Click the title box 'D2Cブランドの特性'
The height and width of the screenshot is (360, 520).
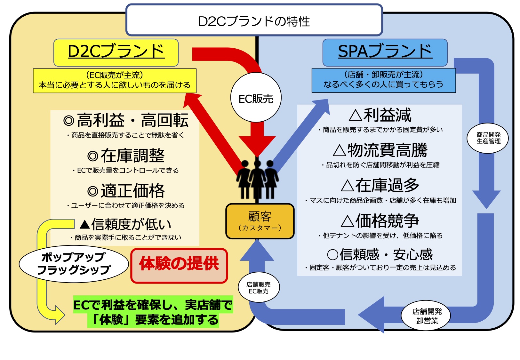(254, 20)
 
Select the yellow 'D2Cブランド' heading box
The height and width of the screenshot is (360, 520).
(116, 52)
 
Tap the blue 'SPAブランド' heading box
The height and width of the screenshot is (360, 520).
(385, 52)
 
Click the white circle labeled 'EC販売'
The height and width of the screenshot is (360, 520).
(256, 98)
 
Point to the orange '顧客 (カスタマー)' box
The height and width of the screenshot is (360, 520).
(260, 221)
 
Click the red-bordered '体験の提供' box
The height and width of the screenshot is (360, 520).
(179, 266)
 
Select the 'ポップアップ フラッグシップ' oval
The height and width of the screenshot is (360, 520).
(74, 264)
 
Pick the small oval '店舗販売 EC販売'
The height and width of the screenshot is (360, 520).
(259, 287)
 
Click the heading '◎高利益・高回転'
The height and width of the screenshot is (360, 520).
(125, 120)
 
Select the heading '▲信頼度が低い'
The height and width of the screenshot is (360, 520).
(125, 224)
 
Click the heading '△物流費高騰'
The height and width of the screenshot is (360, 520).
(380, 150)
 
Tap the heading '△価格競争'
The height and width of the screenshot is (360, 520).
(380, 221)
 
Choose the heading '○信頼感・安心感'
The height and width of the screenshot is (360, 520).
(380, 254)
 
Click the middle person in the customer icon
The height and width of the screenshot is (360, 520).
(257, 179)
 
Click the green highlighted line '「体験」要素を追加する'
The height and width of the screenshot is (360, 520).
(153, 320)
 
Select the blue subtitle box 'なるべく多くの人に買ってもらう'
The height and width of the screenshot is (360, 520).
(383, 80)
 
